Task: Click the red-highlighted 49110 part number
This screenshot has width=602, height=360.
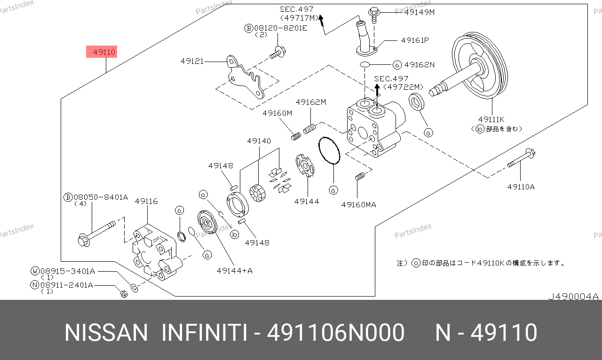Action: (101, 52)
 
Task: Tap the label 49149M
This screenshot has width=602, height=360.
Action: (420, 12)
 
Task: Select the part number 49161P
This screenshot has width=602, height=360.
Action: (415, 40)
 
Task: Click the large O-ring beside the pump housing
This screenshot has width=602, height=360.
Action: (329, 151)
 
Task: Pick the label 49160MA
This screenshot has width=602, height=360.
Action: (359, 204)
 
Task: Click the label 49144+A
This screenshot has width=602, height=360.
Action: (235, 270)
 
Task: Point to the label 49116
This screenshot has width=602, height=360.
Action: (146, 201)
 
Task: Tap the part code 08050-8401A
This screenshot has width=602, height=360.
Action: (100, 197)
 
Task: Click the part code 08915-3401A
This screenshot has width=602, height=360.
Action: (67, 271)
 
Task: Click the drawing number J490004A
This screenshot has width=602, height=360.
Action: (573, 297)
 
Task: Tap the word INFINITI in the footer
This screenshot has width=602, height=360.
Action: (204, 333)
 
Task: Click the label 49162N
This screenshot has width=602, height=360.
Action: (419, 64)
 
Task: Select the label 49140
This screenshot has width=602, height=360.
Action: (259, 141)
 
